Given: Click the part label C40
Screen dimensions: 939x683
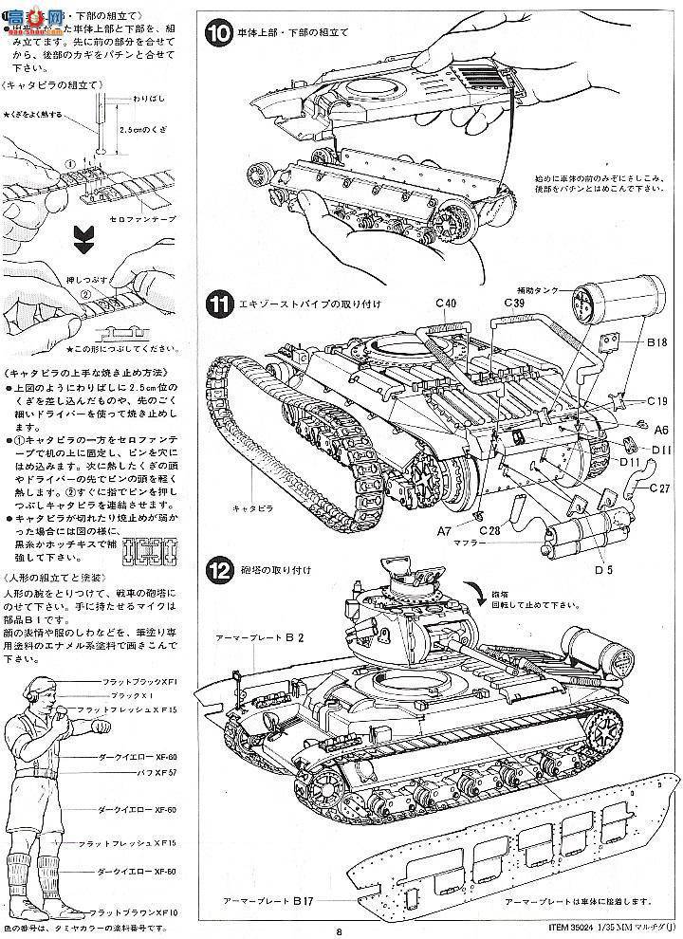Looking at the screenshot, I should click(448, 303).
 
